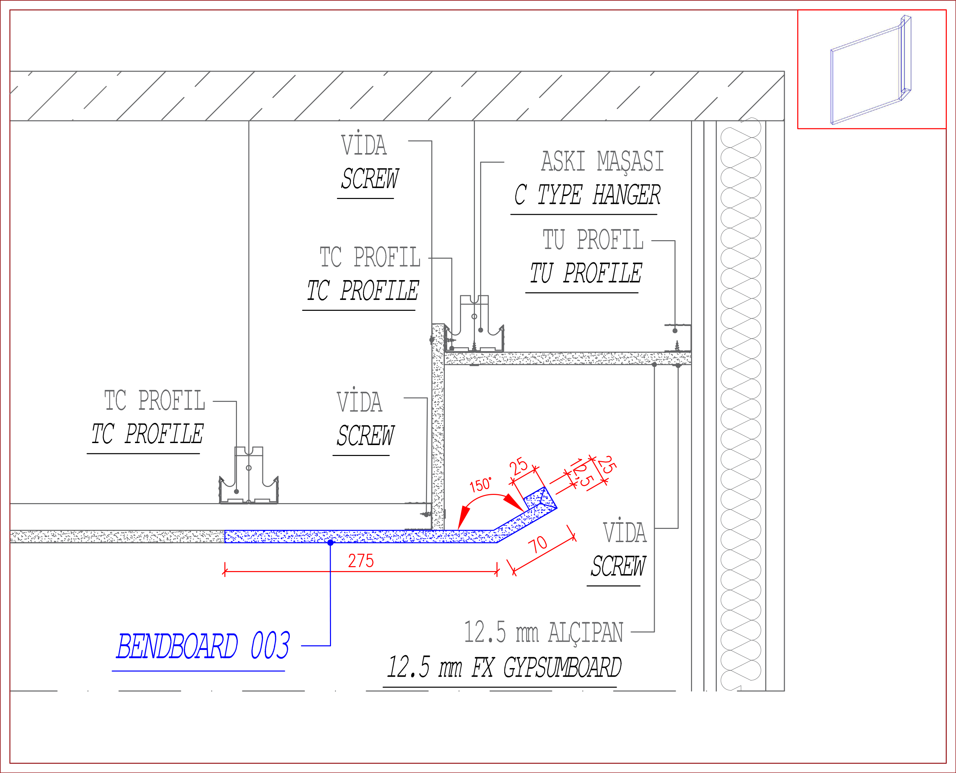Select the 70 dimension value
(538, 544)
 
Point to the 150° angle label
(481, 484)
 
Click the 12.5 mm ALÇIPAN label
(543, 632)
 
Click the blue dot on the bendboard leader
(330, 543)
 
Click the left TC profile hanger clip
(248, 475)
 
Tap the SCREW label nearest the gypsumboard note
(618, 566)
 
